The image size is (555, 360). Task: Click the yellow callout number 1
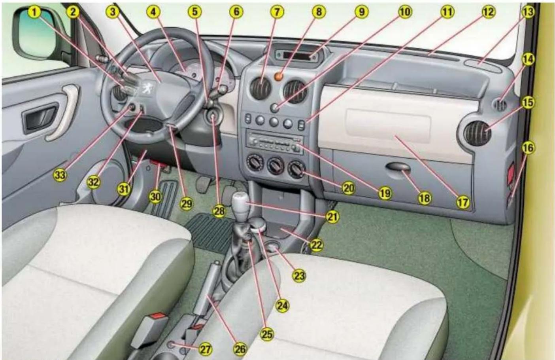tap(35, 12)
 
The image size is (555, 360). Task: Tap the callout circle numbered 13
tap(528, 12)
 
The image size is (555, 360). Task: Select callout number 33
tap(60, 175)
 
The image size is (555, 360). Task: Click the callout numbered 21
tap(332, 217)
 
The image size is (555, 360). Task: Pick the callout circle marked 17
tap(463, 202)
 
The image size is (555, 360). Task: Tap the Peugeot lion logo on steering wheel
tap(148, 89)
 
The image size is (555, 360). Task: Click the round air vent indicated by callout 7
tap(260, 89)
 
